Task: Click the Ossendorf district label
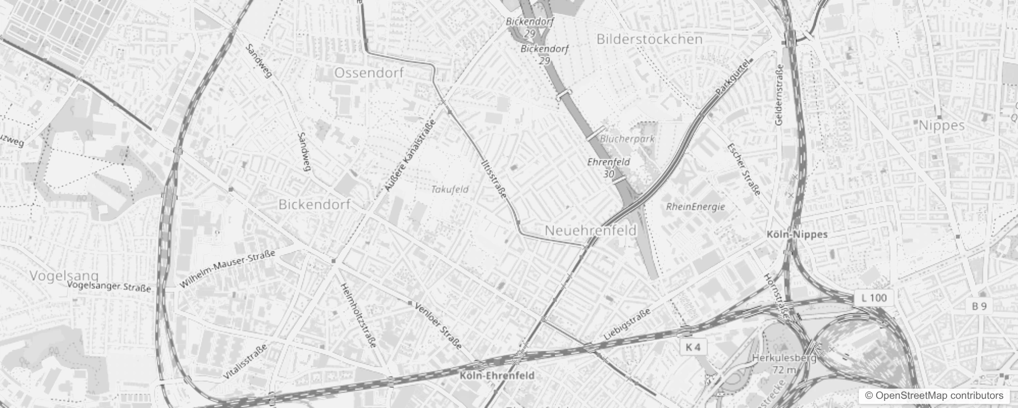369,73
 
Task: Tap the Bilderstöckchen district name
649,39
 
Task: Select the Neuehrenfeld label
591,231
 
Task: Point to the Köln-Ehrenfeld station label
497,376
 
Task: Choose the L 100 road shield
874,298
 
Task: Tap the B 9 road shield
979,306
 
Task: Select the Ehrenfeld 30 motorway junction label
608,167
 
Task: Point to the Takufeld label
449,189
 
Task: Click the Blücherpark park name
627,138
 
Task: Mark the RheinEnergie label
695,207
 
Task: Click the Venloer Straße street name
439,326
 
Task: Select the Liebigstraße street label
627,324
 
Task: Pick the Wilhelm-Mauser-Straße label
227,268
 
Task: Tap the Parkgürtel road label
734,77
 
